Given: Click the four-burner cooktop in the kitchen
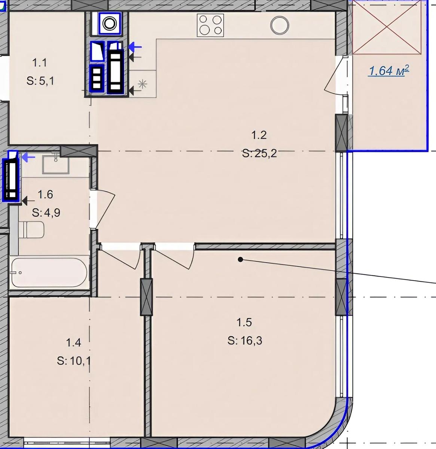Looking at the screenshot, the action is coord(210,25).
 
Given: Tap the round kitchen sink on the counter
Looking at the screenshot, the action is coord(280,25).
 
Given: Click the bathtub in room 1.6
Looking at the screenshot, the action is coord(49,272).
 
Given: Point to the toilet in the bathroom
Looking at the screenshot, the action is coord(31,230).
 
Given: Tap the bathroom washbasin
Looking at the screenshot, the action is coord(56,164).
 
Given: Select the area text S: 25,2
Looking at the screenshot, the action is coord(259,153).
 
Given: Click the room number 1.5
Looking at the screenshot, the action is coord(244,322).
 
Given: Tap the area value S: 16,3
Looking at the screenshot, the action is coord(245,340).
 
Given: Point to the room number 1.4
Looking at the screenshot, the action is coord(73,343).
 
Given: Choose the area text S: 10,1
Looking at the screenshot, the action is coord(74,361).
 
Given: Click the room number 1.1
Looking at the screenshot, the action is coord(39,63).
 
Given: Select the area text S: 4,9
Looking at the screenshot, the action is coord(46,213).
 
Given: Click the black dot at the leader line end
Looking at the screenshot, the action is coord(241,260).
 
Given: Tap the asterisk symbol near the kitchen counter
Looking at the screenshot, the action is coord(143,84).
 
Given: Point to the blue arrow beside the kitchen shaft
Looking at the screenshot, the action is coord(135,47).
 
